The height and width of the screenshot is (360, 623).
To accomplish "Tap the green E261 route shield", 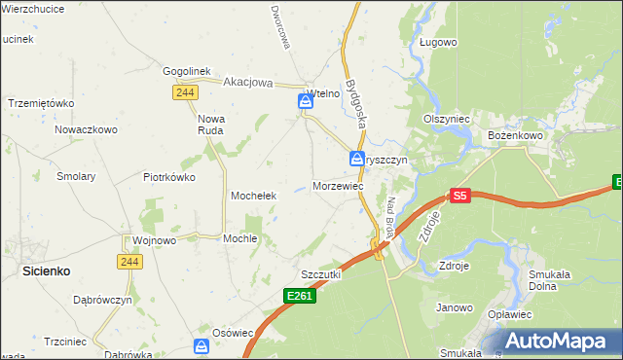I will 301,295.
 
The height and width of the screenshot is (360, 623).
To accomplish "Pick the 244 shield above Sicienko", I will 129,261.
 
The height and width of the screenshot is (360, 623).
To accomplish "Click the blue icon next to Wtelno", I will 305,100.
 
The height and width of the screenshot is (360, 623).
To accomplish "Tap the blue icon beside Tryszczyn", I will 357,159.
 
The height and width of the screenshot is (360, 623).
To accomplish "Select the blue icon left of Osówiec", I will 201,345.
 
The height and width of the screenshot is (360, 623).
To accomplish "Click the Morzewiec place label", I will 339,185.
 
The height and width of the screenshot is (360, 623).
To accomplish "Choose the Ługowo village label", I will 438,42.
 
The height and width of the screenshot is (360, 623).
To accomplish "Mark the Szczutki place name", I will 320,275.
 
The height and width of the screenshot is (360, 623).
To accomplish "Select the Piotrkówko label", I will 169,177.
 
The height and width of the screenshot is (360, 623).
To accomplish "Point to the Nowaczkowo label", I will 86,128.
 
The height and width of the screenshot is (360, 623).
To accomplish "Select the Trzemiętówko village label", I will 41,103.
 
